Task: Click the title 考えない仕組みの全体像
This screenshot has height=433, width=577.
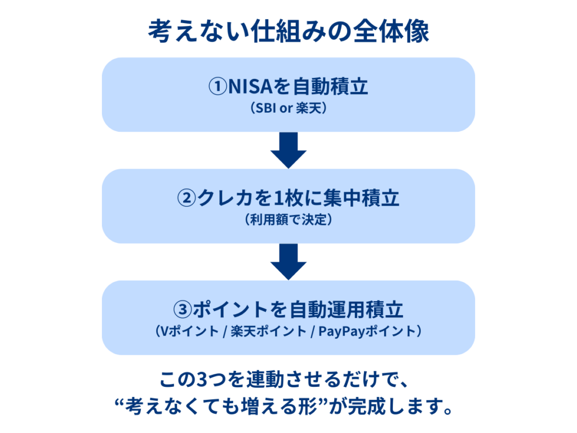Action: [x=288, y=32]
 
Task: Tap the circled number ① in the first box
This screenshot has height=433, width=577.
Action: [x=217, y=87]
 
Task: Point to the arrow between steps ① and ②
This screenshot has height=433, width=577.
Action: [x=288, y=150]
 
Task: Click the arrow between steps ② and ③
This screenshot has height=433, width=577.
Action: [x=288, y=262]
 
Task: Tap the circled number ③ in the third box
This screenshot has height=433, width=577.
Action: [x=183, y=310]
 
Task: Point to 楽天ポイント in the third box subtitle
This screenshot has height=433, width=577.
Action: [x=267, y=332]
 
